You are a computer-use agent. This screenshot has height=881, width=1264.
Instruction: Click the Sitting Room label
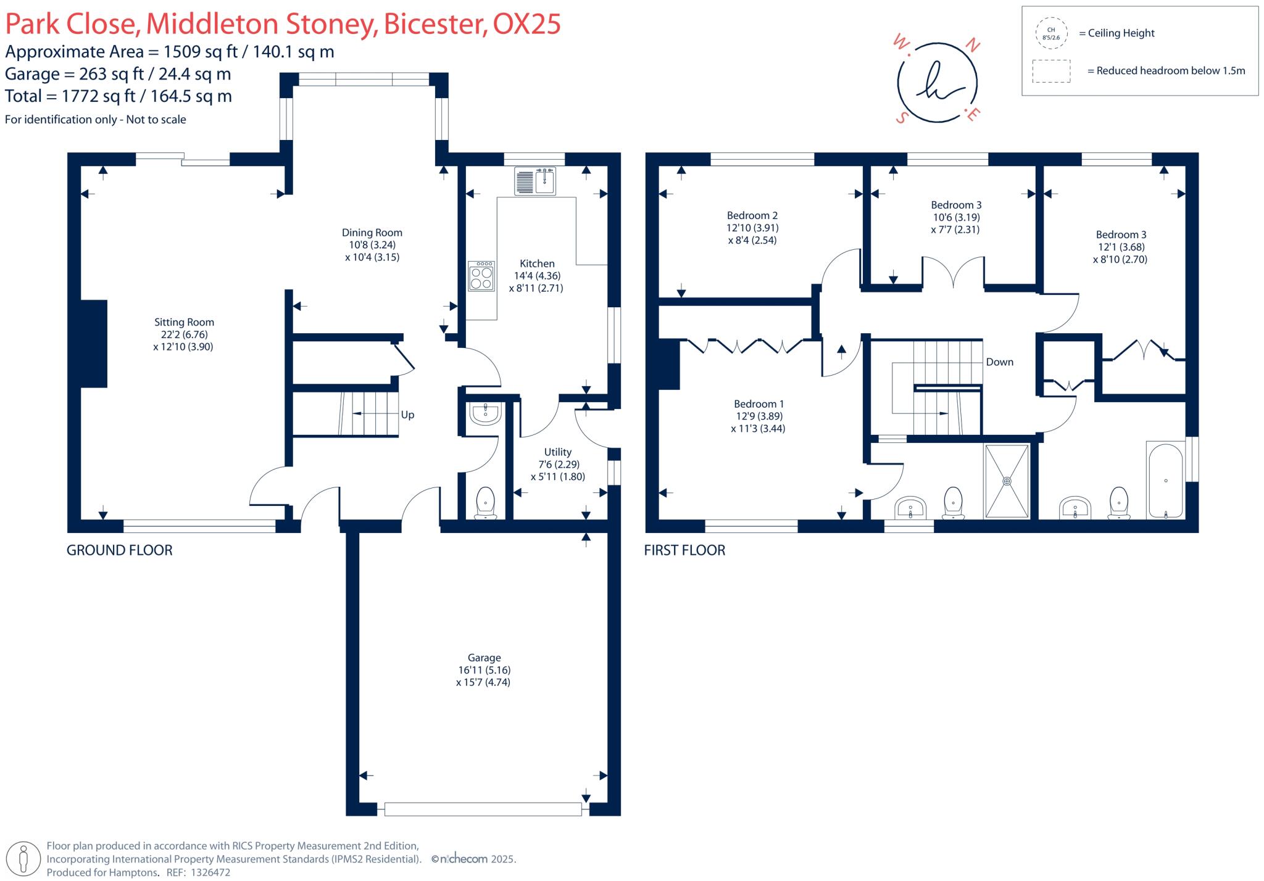click(184, 322)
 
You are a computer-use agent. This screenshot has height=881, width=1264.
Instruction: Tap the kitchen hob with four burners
click(481, 276)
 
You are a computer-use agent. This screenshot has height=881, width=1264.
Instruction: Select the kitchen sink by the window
click(535, 181)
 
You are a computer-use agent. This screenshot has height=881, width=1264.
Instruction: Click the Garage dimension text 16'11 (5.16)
click(484, 670)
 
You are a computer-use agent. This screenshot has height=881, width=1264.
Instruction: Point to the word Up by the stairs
click(407, 415)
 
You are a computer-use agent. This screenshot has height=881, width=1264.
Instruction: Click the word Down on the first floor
click(999, 362)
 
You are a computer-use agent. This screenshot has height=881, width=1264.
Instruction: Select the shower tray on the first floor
click(1007, 481)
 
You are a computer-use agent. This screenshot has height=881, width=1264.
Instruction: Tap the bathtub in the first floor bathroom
click(1165, 481)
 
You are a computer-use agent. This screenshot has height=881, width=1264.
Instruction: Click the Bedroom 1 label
click(759, 404)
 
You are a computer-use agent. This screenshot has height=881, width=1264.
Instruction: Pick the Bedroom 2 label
click(752, 215)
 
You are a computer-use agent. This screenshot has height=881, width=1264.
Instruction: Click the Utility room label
click(557, 452)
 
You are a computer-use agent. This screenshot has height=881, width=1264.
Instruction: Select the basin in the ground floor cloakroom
click(484, 413)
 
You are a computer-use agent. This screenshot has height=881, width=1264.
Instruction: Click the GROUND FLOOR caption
click(119, 550)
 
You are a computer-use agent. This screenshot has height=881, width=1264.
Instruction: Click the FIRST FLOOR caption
click(684, 550)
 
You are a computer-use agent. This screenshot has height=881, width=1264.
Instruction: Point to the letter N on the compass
click(972, 45)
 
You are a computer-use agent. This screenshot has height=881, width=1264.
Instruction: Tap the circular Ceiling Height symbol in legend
click(1050, 33)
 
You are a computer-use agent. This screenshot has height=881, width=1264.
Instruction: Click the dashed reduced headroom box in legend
click(1051, 71)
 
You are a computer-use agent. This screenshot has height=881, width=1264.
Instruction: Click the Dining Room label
click(372, 233)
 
